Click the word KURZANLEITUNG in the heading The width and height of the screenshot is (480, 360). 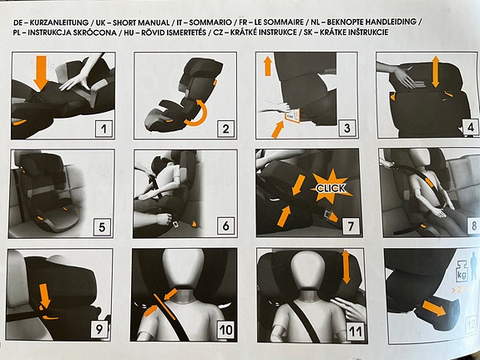[x=59, y=23]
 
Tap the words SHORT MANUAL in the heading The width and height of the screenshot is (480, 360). [x=141, y=23]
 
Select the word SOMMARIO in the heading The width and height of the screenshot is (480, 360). [x=210, y=23]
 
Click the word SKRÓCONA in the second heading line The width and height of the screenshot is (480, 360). [x=94, y=33]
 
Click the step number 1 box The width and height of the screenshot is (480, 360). [x=104, y=129]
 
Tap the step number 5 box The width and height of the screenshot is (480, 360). [x=102, y=227]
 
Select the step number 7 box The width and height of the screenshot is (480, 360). [x=351, y=226]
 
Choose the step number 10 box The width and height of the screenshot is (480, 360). [x=226, y=330]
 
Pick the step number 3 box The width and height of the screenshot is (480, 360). [x=347, y=128]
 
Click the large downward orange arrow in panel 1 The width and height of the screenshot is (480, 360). [x=41, y=74]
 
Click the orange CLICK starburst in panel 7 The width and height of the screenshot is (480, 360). [x=331, y=187]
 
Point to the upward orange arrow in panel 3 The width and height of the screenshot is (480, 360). [x=268, y=67]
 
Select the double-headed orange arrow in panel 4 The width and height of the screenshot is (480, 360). [x=436, y=72]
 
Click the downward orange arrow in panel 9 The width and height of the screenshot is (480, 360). [x=45, y=296]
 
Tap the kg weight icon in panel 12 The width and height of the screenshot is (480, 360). [x=462, y=271]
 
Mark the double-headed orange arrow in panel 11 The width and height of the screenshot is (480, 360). [x=346, y=266]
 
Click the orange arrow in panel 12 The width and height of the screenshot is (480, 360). [x=434, y=308]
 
